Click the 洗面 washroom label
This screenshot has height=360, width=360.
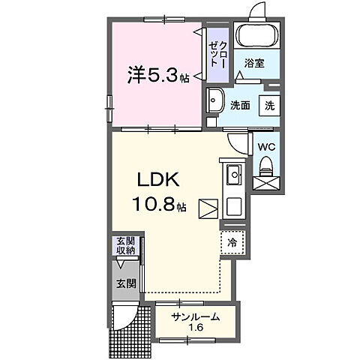(x=240, y=106)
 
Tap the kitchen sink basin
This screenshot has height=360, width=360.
(x=233, y=177)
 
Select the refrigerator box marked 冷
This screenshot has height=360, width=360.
(x=232, y=242)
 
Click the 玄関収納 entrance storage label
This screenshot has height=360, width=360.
(x=125, y=246)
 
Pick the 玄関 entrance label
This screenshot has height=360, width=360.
(x=124, y=283)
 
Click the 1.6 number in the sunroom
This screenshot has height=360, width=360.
(x=194, y=328)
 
